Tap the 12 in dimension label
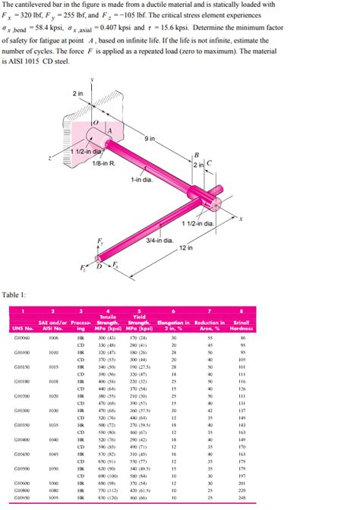click(x=186, y=248)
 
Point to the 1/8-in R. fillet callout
click(x=103, y=162)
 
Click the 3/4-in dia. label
click(x=159, y=240)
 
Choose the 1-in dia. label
click(x=142, y=179)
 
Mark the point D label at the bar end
click(x=98, y=266)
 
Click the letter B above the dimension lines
click(x=197, y=155)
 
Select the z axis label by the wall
click(x=49, y=159)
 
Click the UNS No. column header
click(x=23, y=328)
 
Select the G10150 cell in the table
click(x=21, y=365)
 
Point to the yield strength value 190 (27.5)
click(x=137, y=365)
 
